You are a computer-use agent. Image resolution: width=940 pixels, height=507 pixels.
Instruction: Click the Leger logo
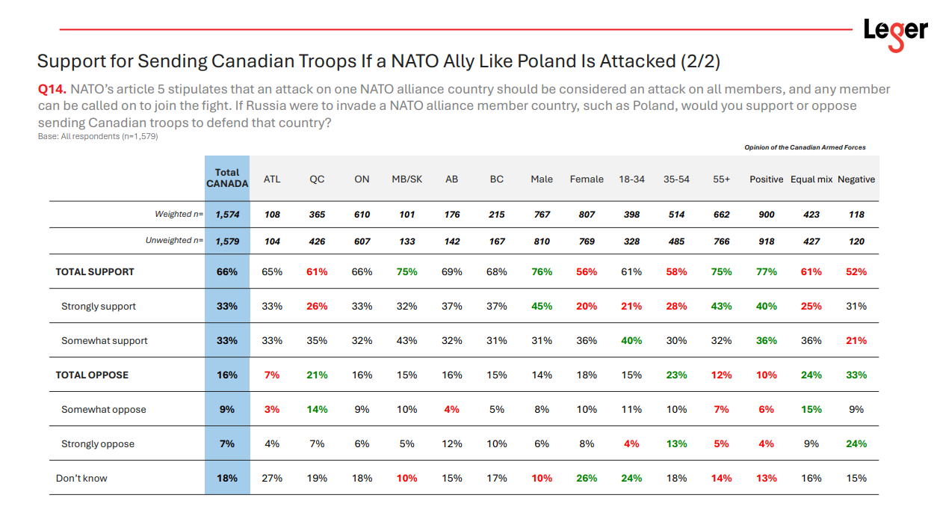pos(894,33)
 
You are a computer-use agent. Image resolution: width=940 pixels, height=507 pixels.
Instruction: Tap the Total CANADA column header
pos(227,178)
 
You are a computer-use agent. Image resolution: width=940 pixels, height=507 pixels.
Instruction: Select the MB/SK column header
pos(407,179)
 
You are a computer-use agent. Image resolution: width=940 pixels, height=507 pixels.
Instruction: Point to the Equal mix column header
pos(811,179)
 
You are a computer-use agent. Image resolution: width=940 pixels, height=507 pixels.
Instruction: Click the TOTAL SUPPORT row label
pos(95,272)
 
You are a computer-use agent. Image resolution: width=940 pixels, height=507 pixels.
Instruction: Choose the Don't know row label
pos(81,479)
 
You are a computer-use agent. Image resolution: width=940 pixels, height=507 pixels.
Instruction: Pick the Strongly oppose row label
pos(98,444)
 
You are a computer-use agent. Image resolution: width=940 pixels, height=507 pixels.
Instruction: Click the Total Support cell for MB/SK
pos(407,272)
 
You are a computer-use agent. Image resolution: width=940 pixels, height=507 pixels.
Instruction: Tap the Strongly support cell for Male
pos(542,307)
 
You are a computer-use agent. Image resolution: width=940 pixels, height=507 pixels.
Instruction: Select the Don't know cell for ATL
pos(272,479)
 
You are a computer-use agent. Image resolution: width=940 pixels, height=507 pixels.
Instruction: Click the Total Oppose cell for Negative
pos(856,375)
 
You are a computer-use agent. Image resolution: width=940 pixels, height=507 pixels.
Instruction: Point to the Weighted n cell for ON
pos(362,215)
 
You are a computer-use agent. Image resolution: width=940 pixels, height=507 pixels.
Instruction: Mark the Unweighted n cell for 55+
pos(721,242)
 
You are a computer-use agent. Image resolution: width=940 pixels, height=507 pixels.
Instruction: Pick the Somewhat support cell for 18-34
pos(631,341)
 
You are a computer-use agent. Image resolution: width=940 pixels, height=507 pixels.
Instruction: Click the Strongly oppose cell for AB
pos(452,444)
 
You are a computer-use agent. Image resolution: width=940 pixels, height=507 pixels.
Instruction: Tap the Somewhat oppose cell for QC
pos(317,410)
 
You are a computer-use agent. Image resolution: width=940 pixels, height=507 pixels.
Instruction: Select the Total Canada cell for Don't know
pos(227,479)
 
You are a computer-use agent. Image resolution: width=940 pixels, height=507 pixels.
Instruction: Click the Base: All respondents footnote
pos(98,137)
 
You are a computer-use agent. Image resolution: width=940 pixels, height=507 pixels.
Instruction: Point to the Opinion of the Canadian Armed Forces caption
pos(805,148)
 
